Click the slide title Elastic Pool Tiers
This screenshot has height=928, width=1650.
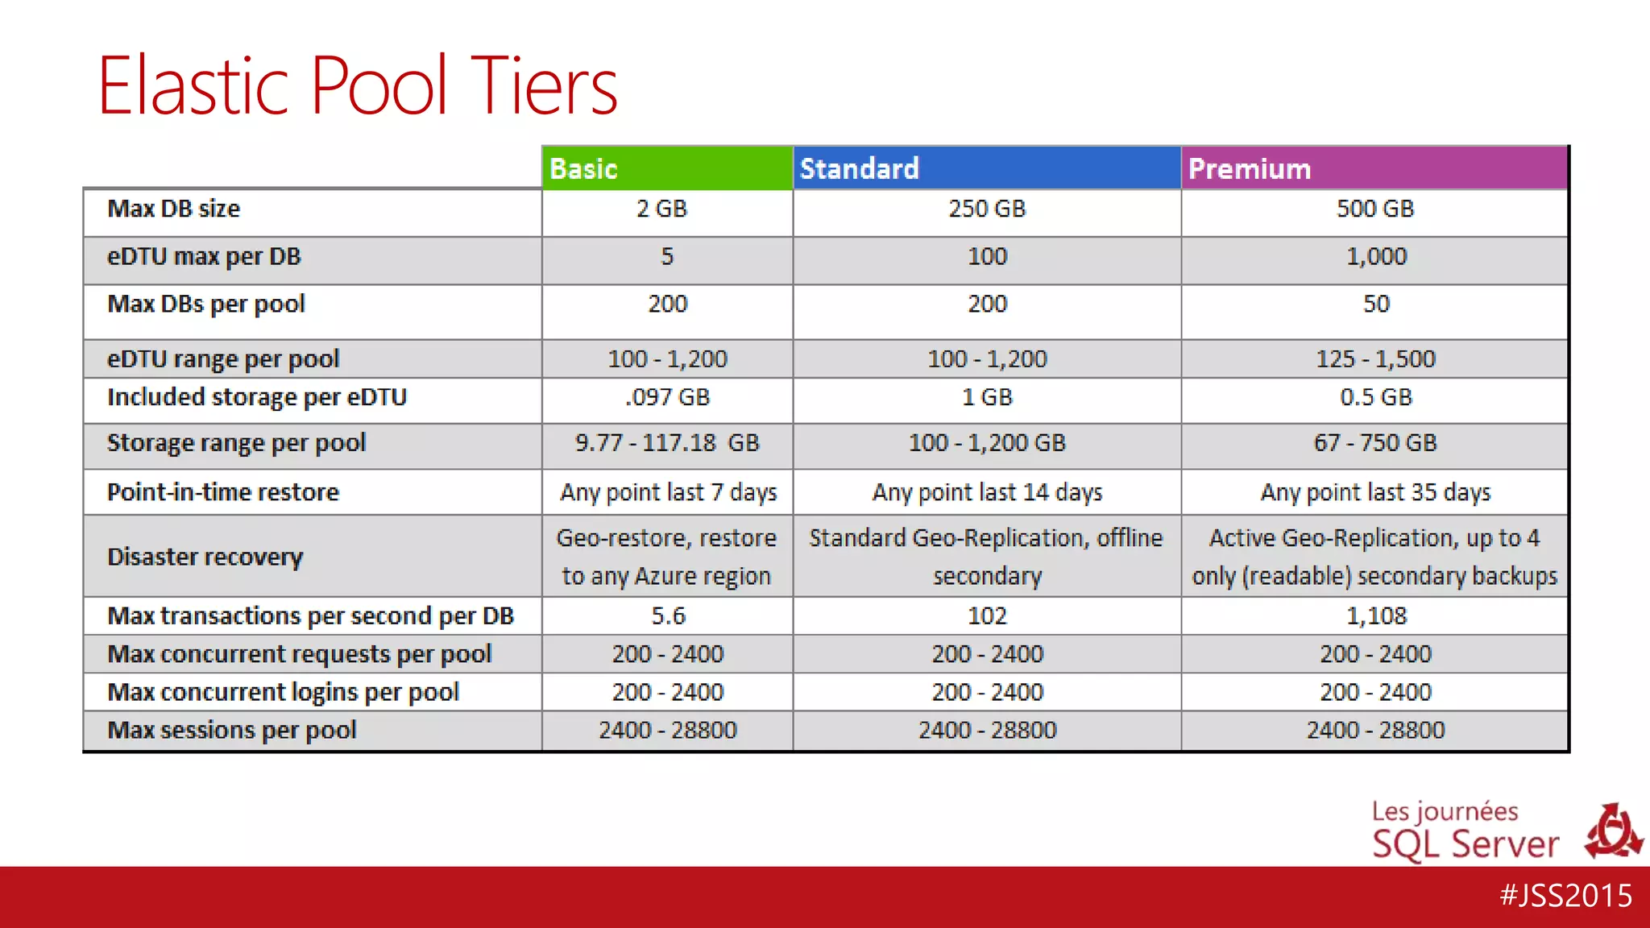(357, 85)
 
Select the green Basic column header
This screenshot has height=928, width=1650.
(666, 168)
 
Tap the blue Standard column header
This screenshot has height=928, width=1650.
(986, 168)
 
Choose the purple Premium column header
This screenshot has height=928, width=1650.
(1374, 168)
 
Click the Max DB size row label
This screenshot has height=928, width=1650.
(174, 209)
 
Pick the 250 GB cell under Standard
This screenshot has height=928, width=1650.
(987, 209)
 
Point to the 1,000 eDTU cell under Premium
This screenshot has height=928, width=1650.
(1376, 256)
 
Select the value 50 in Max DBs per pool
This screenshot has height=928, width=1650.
(1376, 304)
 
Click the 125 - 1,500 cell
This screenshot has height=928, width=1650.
(1375, 358)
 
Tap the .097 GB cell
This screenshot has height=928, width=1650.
(667, 397)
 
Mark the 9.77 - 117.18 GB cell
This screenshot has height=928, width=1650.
(667, 443)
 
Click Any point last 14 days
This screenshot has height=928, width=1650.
(987, 492)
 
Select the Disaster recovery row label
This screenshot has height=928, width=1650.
(205, 557)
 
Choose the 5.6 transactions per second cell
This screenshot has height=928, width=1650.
(668, 616)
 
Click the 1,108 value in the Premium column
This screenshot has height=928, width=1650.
(1376, 616)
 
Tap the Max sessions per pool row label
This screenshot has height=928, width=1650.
(232, 730)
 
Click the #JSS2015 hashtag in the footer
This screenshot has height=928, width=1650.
(1565, 896)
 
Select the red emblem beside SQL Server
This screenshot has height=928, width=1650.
(1613, 832)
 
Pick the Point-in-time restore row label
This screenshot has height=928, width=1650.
(223, 492)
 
